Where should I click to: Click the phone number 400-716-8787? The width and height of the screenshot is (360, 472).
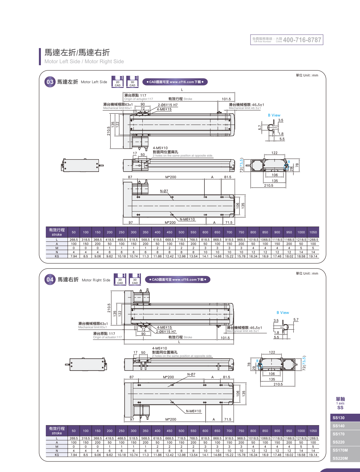tap(302, 40)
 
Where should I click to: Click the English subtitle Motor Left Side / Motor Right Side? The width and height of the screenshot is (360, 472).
tap(84, 62)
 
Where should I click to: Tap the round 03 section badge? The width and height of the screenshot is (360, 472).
tap(50, 82)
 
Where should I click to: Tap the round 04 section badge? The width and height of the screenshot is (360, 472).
tap(50, 280)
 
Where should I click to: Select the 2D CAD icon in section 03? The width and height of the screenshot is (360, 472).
tap(118, 82)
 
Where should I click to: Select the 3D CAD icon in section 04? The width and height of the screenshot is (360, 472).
tap(135, 280)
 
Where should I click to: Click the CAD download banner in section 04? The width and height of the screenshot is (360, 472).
tap(177, 280)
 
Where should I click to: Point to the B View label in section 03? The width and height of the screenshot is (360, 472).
tap(274, 115)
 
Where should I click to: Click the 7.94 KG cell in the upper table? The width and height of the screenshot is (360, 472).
tap(74, 256)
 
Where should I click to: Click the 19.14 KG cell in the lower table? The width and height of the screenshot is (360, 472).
tap(313, 455)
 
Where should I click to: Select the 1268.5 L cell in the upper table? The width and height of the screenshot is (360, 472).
tap(313, 240)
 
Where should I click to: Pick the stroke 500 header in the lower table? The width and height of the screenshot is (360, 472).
tap(181, 431)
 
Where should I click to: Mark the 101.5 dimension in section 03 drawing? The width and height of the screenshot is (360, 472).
tap(226, 99)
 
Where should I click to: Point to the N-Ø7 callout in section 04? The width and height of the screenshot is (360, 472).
tap(191, 375)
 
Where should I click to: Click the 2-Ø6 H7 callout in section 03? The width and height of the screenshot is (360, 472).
tap(167, 105)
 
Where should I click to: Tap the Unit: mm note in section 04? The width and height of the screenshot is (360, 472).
tap(307, 273)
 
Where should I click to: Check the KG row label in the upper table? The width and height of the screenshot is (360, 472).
tap(57, 256)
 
